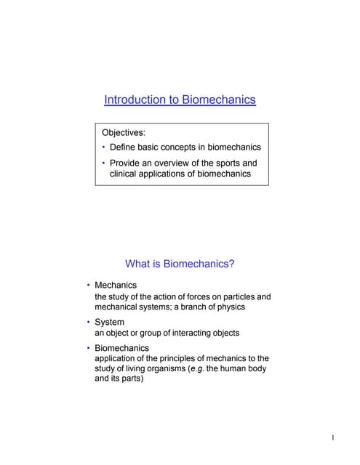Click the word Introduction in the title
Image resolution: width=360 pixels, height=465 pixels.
[130, 100]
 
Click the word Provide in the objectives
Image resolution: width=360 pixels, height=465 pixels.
[129, 163]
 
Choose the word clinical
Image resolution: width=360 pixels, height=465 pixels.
[126, 174]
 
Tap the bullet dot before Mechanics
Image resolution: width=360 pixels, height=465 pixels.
[89, 285]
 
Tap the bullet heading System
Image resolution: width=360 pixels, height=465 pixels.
[110, 322]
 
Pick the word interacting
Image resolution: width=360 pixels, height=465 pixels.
[185, 333]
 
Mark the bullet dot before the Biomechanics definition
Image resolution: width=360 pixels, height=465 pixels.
[89, 348]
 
